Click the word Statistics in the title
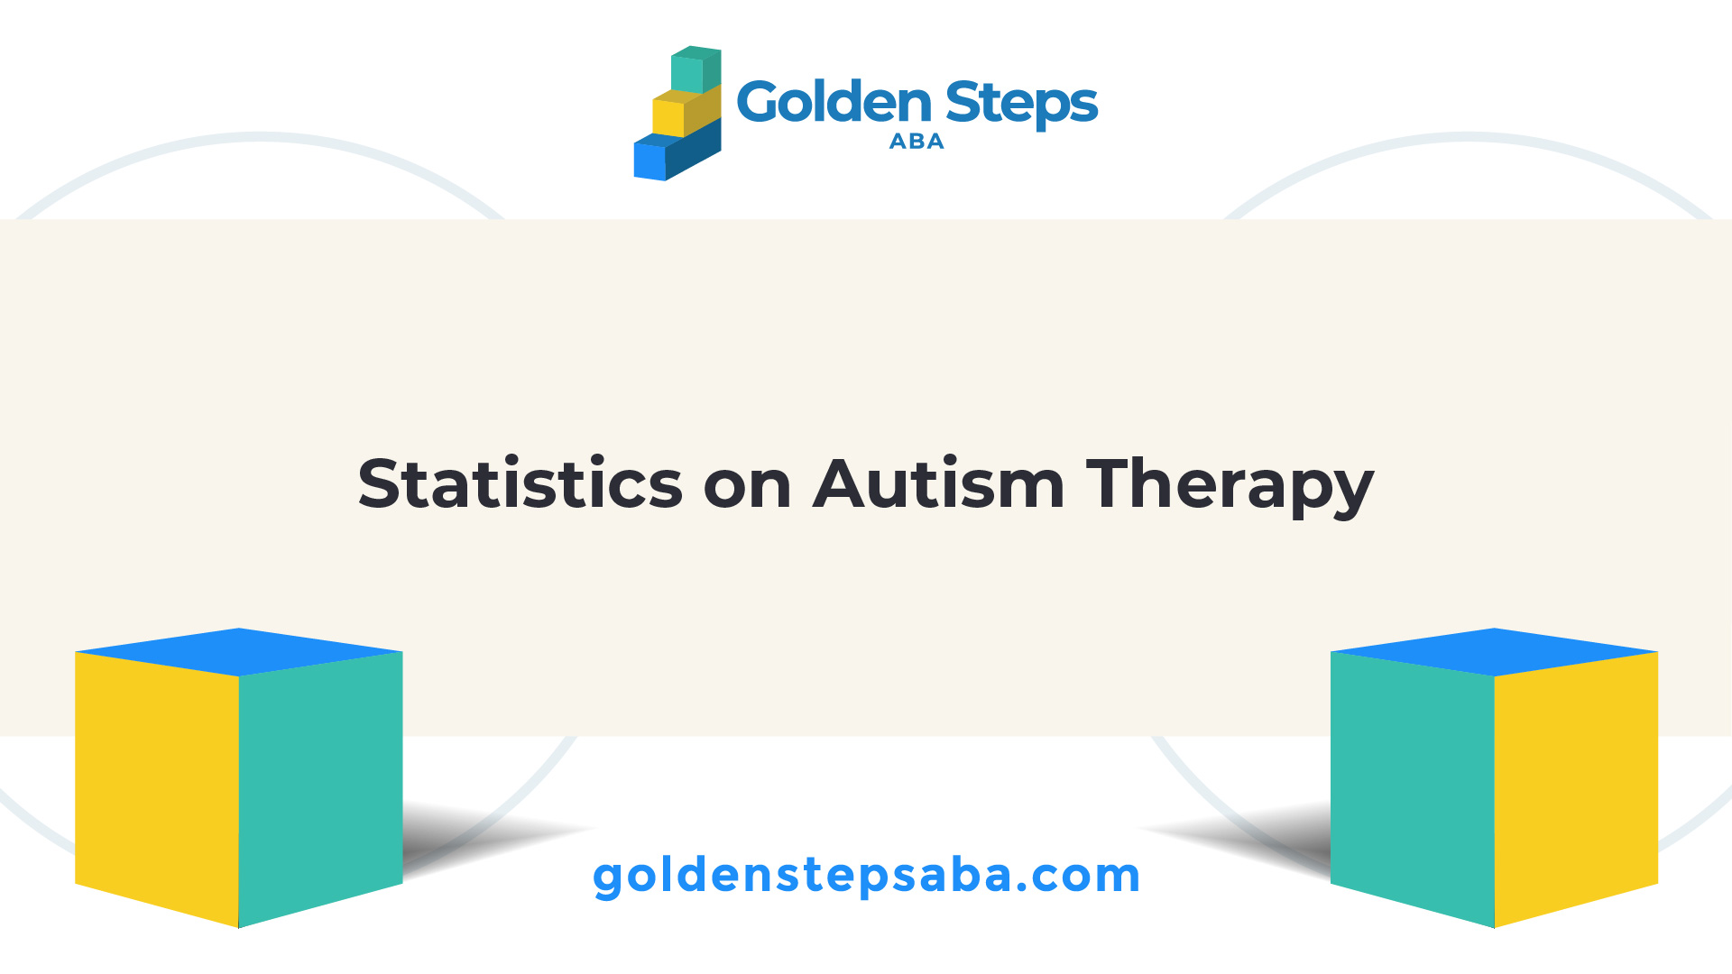tap(521, 483)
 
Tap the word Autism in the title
tap(939, 483)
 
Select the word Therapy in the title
tap(1230, 487)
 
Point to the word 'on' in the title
tap(748, 488)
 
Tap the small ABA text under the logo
tap(917, 142)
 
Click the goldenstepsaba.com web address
tap(866, 877)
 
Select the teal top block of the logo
tap(696, 69)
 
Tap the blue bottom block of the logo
tap(677, 151)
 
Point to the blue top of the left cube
tap(239, 652)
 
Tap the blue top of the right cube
tap(1495, 652)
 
